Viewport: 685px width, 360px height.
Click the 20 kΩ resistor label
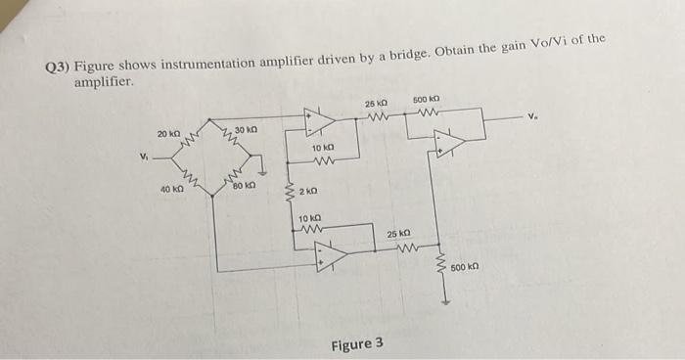coord(168,133)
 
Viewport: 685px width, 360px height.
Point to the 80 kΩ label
coord(244,184)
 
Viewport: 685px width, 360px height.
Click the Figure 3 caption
coord(357,344)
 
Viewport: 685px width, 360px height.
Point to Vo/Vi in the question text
coord(558,44)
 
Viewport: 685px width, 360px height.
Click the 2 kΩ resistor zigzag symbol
coord(289,190)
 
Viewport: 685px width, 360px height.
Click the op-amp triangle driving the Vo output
coord(450,143)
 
